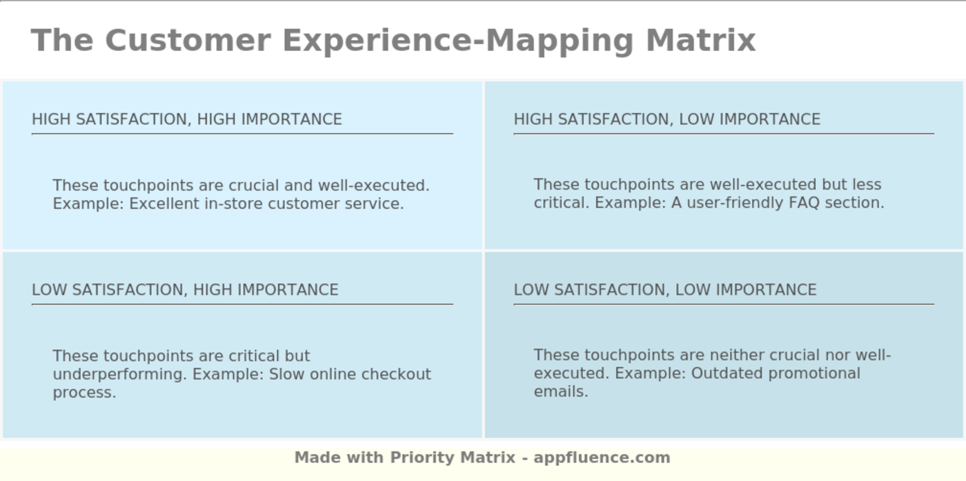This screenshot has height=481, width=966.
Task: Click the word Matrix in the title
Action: [x=700, y=40]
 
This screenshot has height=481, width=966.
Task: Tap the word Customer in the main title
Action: [x=188, y=40]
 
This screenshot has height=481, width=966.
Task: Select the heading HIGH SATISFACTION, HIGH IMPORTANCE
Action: [x=187, y=119]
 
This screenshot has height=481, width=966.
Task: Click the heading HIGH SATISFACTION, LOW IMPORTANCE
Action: [x=667, y=119]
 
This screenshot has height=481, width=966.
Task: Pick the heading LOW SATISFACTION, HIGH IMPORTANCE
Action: [x=185, y=290]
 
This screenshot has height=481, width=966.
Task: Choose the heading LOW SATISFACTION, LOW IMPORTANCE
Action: [x=664, y=290]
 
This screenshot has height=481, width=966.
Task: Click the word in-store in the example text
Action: [x=233, y=204]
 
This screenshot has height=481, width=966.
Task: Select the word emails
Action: [x=560, y=391]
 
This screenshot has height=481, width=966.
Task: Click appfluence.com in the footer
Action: [x=602, y=458]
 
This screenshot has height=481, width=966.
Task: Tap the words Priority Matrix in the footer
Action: [x=453, y=458]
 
